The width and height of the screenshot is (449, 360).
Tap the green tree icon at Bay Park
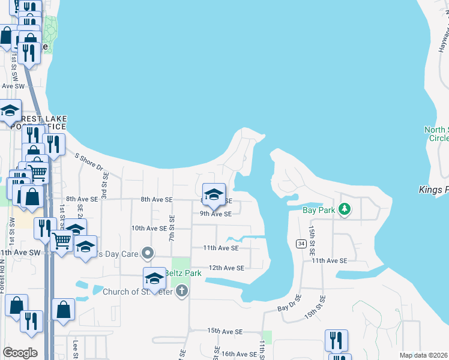344,209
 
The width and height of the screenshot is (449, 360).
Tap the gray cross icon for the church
182,292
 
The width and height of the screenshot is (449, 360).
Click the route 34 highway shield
301,243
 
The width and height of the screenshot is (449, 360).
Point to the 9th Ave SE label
215,214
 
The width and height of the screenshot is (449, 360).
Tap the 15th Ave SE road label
224,331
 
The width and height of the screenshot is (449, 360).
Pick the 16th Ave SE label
239,355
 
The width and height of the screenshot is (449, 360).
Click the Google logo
20,353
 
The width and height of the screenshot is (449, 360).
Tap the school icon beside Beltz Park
154,278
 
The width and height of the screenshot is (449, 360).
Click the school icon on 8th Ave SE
213,194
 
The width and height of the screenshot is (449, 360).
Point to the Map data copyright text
423,355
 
